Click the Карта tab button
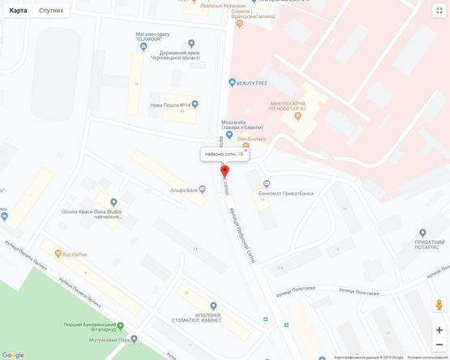tap(18, 11)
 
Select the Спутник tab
tap(51, 11)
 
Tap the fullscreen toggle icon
tap(439, 11)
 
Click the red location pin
tap(225, 171)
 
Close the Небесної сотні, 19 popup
tap(245, 150)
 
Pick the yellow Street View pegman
tap(439, 305)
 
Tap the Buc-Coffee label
tap(79, 254)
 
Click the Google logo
tap(13, 354)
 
